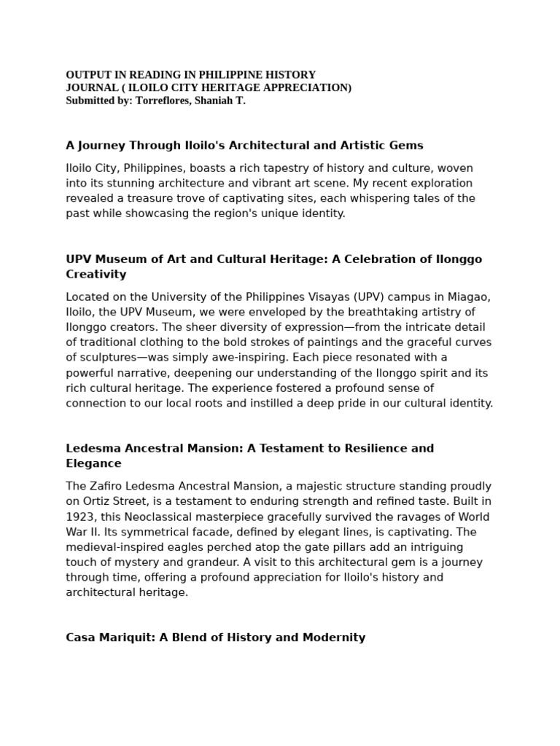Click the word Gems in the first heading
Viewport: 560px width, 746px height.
pyautogui.click(x=406, y=146)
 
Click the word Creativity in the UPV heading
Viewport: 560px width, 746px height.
pyautogui.click(x=96, y=275)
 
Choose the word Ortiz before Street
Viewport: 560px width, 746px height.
pyautogui.click(x=100, y=502)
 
